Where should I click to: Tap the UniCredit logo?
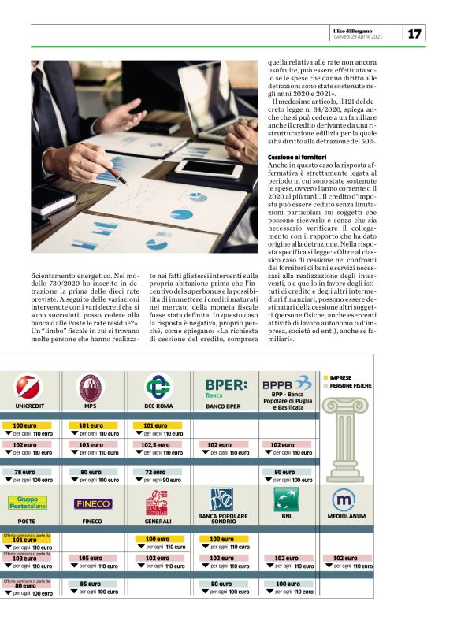[x=29, y=388]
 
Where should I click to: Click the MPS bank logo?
[x=89, y=388]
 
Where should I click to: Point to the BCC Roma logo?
[x=158, y=388]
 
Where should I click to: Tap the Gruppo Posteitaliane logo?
[x=27, y=503]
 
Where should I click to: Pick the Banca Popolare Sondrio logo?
[x=221, y=499]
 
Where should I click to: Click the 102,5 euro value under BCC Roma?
[x=156, y=444]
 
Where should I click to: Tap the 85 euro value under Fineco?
[x=91, y=584]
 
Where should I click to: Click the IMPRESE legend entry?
[x=340, y=378]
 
